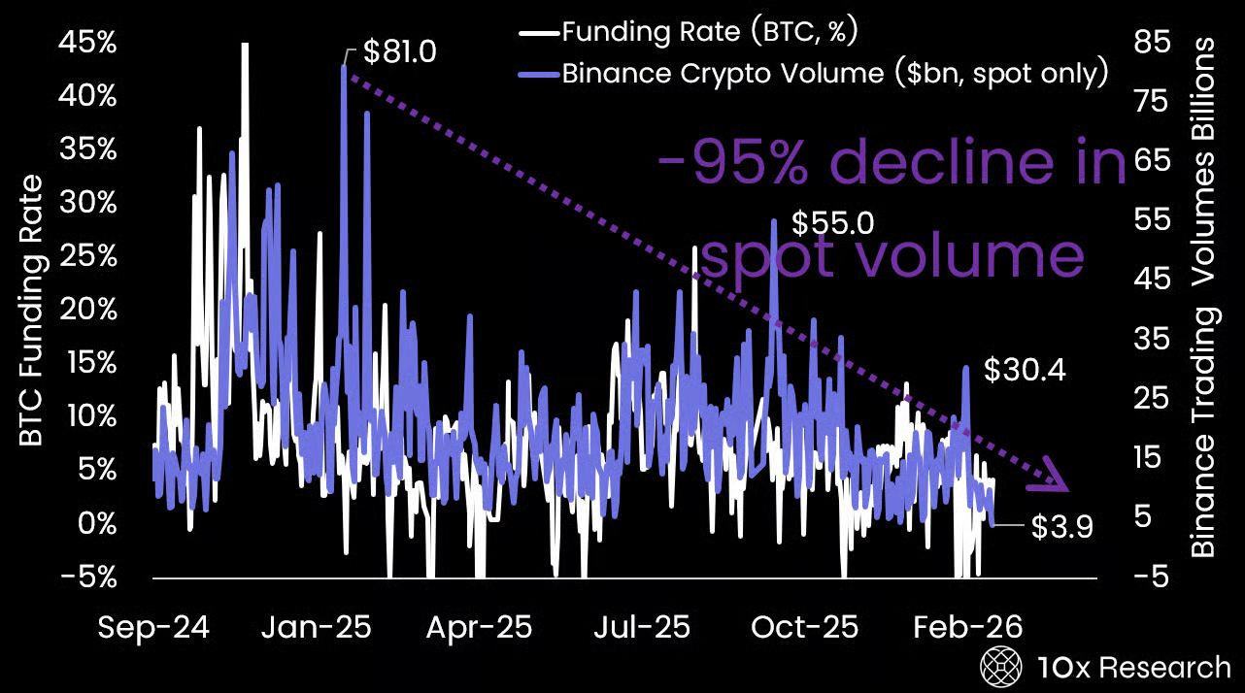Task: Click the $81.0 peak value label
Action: (x=399, y=51)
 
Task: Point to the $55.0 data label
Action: (x=832, y=223)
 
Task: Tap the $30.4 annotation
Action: (x=1025, y=370)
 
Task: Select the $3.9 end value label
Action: (x=1061, y=527)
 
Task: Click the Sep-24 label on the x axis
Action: (x=153, y=628)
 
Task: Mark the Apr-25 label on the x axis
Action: (x=479, y=628)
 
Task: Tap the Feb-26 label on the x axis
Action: (x=968, y=628)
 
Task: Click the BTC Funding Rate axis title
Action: (x=32, y=311)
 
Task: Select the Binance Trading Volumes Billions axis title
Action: (x=1204, y=297)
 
